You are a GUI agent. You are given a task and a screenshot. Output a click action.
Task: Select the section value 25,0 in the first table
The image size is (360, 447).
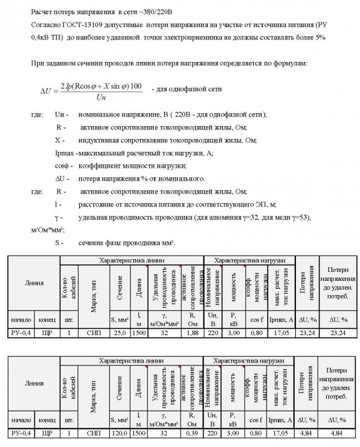click(120, 333)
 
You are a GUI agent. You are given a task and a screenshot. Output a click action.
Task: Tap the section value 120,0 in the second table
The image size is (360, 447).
click(120, 434)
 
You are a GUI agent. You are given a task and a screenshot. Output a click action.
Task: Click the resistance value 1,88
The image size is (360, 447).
click(192, 333)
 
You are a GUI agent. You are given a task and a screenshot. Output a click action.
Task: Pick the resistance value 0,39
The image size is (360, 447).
click(192, 434)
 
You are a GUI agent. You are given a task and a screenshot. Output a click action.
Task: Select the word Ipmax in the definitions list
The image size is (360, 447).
click(65, 153)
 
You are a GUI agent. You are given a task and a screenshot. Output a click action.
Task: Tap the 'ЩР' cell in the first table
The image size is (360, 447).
click(47, 333)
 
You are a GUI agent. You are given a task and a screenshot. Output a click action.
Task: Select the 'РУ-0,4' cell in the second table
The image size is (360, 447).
click(21, 434)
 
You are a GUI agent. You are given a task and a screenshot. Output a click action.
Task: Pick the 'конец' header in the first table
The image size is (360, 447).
click(47, 320)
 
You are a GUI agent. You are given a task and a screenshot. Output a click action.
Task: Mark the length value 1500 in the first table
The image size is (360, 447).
click(139, 333)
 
